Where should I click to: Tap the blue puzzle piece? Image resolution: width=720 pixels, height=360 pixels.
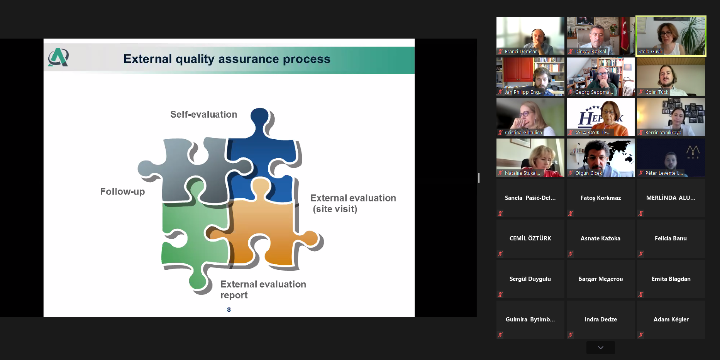point(263,162)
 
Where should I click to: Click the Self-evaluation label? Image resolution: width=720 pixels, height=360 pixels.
point(203,114)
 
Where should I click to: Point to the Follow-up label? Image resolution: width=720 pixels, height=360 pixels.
point(122,191)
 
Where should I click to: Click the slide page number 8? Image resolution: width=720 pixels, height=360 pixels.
point(229,309)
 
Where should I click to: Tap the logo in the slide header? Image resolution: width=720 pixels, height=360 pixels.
point(58,57)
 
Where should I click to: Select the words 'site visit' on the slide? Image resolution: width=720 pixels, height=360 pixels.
point(335,209)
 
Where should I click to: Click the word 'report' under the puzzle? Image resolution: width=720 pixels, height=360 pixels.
point(234,295)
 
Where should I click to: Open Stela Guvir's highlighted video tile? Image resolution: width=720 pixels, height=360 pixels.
point(671,36)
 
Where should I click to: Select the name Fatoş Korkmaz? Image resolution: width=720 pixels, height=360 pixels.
point(601,198)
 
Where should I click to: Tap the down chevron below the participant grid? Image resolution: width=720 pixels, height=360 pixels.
point(601,347)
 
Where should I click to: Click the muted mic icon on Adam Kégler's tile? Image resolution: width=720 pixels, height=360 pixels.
point(641,335)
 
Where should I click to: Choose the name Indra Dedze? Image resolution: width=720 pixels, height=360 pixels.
point(601,319)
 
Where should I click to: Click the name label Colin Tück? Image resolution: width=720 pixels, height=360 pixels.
point(657,92)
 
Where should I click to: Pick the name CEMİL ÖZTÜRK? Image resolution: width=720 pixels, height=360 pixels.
point(530,238)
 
